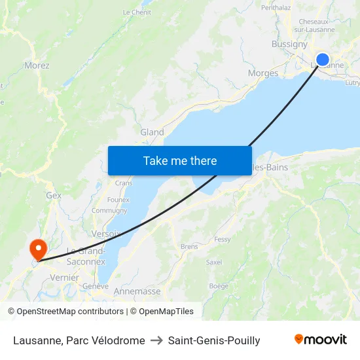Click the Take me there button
pyautogui.click(x=180, y=160)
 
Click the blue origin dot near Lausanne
pyautogui.click(x=323, y=60)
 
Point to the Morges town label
pyautogui.click(x=263, y=73)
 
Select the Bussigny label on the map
pyautogui.click(x=289, y=45)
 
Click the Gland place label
pyautogui.click(x=152, y=132)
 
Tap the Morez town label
pyautogui.click(x=37, y=65)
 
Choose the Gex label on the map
pyautogui.click(x=54, y=195)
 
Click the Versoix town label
pyautogui.click(x=106, y=234)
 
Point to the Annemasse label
pyautogui.click(x=137, y=291)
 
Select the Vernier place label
pyautogui.click(x=65, y=278)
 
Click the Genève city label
pyautogui.click(x=96, y=286)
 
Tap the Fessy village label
pyautogui.click(x=223, y=240)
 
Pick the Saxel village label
pyautogui.click(x=214, y=262)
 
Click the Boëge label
pyautogui.click(x=219, y=286)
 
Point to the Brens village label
pyautogui.click(x=189, y=247)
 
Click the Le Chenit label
pyautogui.click(x=137, y=12)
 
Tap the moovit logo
pyautogui.click(x=321, y=340)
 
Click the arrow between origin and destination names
pyautogui.click(x=156, y=340)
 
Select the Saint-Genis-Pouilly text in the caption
pyautogui.click(x=214, y=340)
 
